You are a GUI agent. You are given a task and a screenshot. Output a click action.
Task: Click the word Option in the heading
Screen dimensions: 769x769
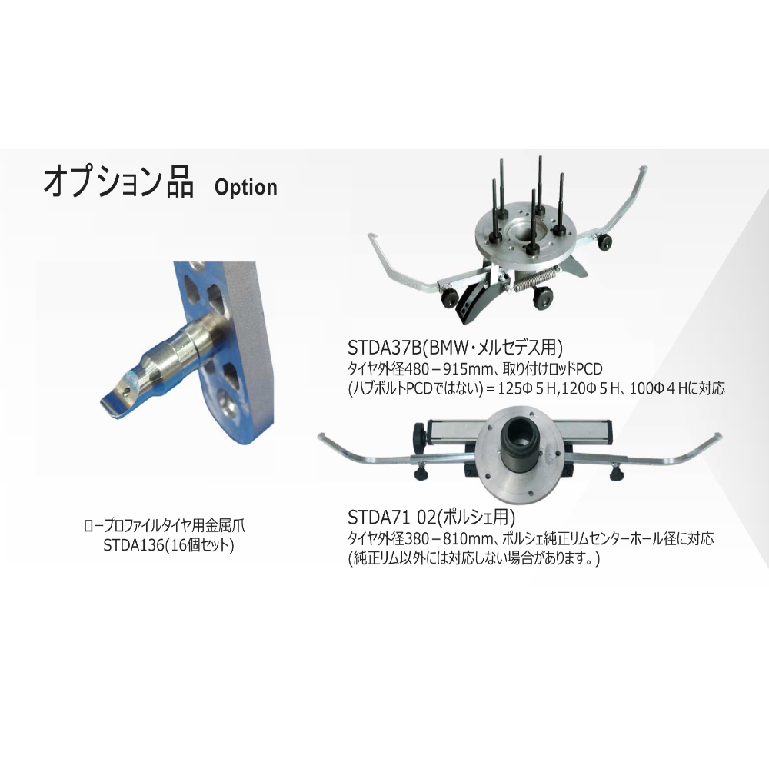click(x=246, y=187)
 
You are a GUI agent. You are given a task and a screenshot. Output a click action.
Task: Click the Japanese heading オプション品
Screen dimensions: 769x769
click(x=118, y=182)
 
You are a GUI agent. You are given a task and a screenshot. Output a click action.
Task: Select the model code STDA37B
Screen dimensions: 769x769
click(x=384, y=348)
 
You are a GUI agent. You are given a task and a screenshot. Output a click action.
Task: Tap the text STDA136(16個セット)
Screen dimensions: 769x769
click(x=168, y=545)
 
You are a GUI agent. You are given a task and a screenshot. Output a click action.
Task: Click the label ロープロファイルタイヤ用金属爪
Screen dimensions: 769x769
click(x=165, y=526)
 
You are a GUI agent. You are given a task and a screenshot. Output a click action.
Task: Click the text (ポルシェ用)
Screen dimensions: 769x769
click(x=476, y=517)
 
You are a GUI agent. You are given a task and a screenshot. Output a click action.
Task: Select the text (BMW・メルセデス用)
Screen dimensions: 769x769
click(x=494, y=348)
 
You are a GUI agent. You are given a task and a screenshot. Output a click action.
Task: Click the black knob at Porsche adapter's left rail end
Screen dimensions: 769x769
click(x=420, y=434)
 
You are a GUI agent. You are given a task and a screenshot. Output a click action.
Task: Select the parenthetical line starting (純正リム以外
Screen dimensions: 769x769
click(x=474, y=558)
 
